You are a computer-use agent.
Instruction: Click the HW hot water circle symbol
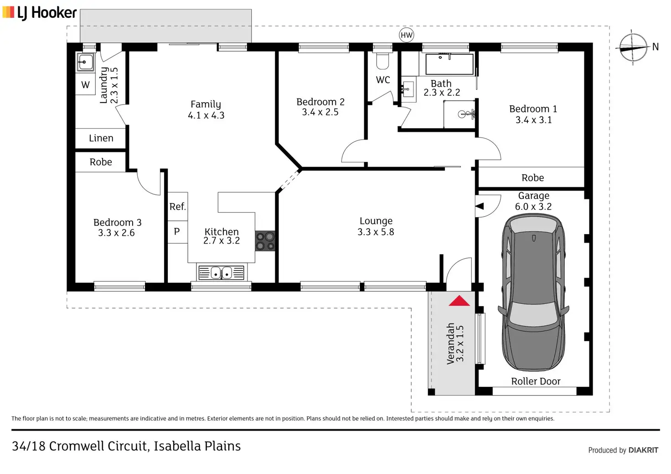click(406, 35)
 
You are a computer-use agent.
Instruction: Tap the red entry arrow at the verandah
click(459, 301)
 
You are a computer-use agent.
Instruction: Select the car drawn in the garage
click(533, 292)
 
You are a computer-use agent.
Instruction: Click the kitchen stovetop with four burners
click(265, 241)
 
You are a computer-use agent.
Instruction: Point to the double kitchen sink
click(221, 272)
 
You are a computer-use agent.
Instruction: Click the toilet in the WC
click(382, 60)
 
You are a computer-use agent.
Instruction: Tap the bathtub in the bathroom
click(449, 64)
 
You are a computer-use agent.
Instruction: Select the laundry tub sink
click(85, 63)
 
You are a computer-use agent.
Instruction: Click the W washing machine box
click(85, 84)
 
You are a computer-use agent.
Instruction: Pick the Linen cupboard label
click(101, 138)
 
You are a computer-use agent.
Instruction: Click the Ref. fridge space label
click(178, 206)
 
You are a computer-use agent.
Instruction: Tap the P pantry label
click(177, 231)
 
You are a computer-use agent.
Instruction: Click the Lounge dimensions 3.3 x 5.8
click(376, 232)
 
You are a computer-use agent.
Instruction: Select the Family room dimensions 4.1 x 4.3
click(206, 115)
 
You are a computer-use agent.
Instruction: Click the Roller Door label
click(536, 381)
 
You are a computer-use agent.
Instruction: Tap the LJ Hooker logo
click(40, 13)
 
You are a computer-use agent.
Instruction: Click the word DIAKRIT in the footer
click(643, 450)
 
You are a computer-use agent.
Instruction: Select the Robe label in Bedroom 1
click(532, 178)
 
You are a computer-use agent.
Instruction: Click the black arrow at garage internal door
click(480, 206)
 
